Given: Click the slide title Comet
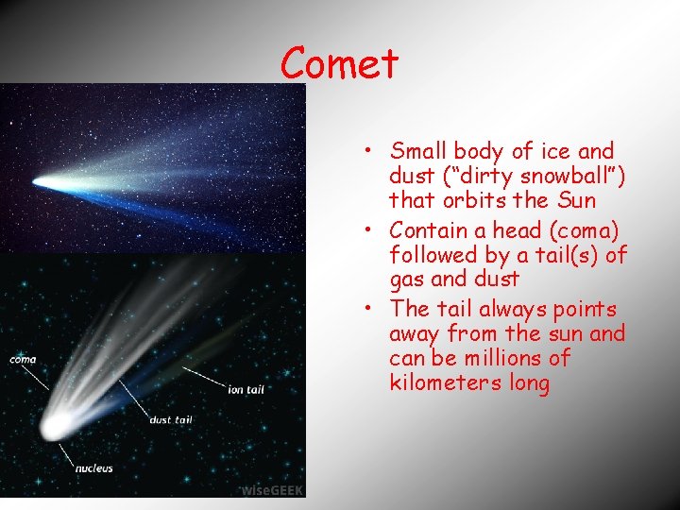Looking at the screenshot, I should coord(340,64).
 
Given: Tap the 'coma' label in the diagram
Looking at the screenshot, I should coord(24,359).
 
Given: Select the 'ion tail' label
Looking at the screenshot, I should coord(246,388).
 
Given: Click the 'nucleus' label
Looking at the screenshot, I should coord(93,467).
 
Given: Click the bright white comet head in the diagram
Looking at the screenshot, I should coord(54,424).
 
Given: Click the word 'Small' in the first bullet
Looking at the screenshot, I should coord(418,151).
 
